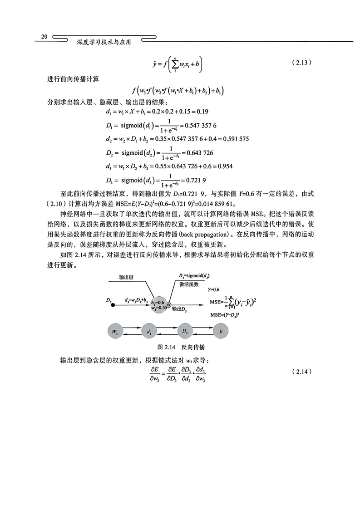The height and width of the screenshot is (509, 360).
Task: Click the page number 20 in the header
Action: pos(44,36)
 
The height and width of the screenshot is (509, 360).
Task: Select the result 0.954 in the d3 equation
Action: pos(225,166)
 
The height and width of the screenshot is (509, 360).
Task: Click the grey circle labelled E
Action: pos(221,331)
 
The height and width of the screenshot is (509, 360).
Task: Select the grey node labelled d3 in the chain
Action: pos(149,331)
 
